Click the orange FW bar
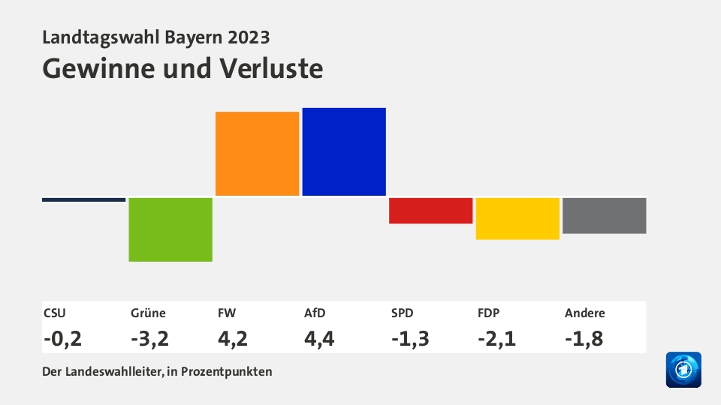(257, 154)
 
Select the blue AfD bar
(344, 151)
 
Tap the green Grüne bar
(170, 229)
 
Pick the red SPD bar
(430, 211)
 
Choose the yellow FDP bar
(517, 218)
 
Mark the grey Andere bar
(604, 215)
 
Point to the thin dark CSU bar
(83, 199)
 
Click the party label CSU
(55, 313)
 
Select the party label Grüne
(148, 313)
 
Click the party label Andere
(584, 313)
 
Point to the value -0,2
(62, 338)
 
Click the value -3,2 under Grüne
(149, 338)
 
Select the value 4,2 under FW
(232, 338)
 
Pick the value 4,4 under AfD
(319, 338)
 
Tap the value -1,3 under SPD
(409, 338)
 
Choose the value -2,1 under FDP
(496, 338)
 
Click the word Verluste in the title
(272, 68)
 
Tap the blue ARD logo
(683, 370)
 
